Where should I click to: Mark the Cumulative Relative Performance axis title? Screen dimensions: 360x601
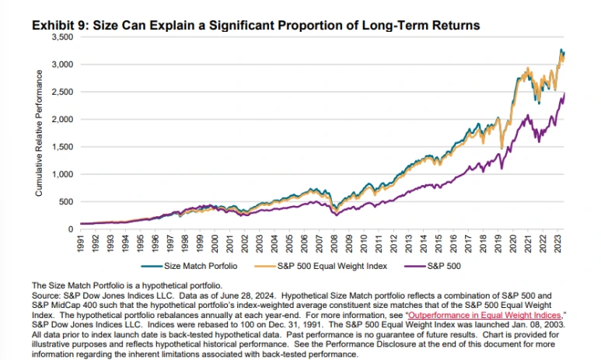(38, 132)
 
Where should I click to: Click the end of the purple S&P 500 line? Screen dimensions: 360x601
(564, 93)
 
